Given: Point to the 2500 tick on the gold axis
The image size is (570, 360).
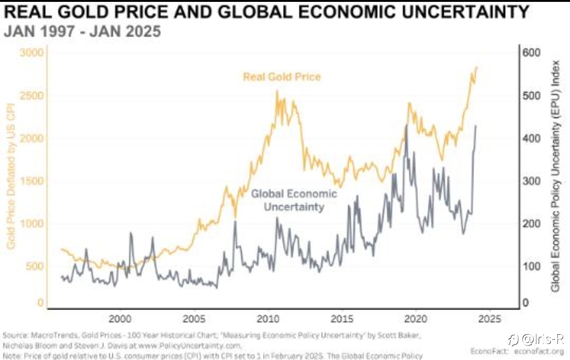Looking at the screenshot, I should (32, 96).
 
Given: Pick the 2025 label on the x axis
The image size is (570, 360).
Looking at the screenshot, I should (490, 319).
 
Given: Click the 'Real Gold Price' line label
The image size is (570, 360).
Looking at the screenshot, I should (282, 76).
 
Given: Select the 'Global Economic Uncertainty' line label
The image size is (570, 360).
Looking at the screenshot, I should (294, 200).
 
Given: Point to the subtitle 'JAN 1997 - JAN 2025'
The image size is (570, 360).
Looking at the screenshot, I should (82, 32).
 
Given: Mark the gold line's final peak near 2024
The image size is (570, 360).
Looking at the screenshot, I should (476, 67).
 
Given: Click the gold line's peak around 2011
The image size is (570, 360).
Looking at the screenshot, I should (277, 91).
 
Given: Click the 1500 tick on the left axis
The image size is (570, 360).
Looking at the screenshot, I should (32, 181).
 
